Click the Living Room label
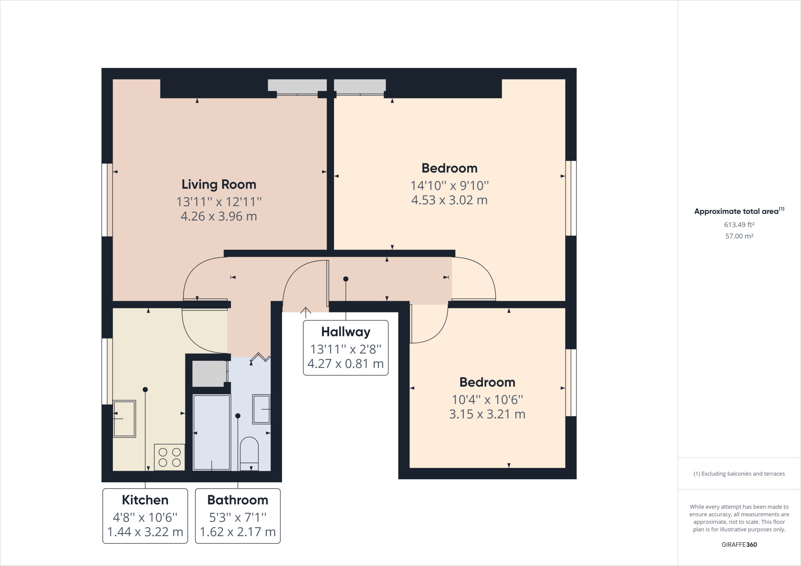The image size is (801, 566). [x=219, y=184]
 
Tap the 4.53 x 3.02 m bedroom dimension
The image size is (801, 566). [x=449, y=200]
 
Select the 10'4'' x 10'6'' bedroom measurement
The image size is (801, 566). [x=487, y=399]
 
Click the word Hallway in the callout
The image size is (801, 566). [x=346, y=332]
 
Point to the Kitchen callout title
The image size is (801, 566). [x=145, y=500]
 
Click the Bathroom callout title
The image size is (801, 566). [x=238, y=500]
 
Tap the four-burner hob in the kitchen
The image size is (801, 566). [x=169, y=457]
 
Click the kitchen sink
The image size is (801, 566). [x=124, y=418]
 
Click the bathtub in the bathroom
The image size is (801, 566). [x=212, y=432]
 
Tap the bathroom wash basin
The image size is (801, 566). [x=261, y=409]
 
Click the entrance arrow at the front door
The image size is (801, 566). [x=305, y=311]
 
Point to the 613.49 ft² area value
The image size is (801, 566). [x=739, y=225]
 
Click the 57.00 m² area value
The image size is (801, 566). [x=739, y=236]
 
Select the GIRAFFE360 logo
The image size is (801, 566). [x=739, y=545]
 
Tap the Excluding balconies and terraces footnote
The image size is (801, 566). [x=739, y=474]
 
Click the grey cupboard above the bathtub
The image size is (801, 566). [x=209, y=374]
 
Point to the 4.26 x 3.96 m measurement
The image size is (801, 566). [x=219, y=216]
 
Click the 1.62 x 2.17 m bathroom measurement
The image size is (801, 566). [x=238, y=532]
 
